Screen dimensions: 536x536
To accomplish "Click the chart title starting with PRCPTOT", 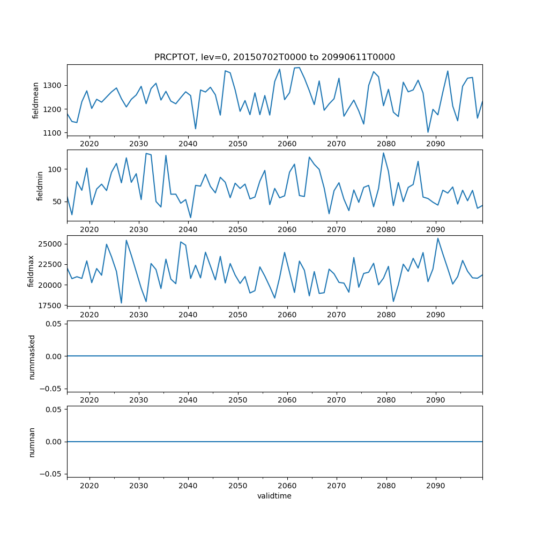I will pyautogui.click(x=274, y=57).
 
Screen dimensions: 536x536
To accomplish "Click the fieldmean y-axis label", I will pyautogui.click(x=36, y=100).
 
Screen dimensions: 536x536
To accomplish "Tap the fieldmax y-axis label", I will pyautogui.click(x=32, y=271).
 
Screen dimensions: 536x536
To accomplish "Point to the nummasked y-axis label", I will pyautogui.click(x=32, y=356).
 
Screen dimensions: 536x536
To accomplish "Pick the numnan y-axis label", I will pyautogui.click(x=32, y=442).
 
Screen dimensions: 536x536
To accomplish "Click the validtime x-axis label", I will pyautogui.click(x=274, y=496).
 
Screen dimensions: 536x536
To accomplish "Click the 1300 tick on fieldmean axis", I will pyautogui.click(x=55, y=86).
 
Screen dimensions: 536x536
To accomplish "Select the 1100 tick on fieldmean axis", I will pyautogui.click(x=55, y=133).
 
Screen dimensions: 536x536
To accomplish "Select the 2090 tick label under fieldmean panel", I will pyautogui.click(x=435, y=145).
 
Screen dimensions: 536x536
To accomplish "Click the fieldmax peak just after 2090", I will pyautogui.click(x=437, y=239).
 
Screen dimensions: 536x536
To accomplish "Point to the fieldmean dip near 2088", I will pyautogui.click(x=428, y=132).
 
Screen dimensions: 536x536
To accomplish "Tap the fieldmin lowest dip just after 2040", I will pyautogui.click(x=190, y=218).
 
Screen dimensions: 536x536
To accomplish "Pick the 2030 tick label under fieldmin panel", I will pyautogui.click(x=139, y=230).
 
